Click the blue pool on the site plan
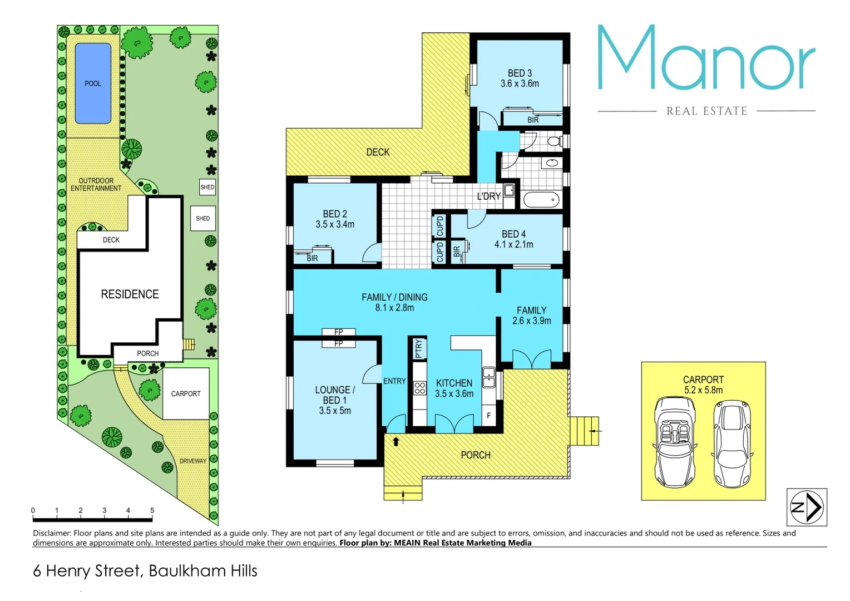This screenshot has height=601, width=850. coord(93,83)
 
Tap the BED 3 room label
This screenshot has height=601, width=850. coord(520,73)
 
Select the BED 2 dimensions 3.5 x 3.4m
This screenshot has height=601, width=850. coord(335,224)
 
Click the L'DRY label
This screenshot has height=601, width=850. coord(488,196)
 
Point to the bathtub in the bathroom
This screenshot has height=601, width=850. coord(541,199)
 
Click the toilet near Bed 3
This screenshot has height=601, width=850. coord(554,141)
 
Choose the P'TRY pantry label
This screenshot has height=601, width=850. coord(418,348)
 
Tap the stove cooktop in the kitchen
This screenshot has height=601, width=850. coord(419,387)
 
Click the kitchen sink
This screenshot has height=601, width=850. coord(488,377)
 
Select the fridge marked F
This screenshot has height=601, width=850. coord(489,416)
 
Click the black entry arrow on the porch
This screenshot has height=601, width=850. coord(396,442)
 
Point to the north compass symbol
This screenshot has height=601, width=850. coord(807,507)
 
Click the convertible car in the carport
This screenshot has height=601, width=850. coord(675,441)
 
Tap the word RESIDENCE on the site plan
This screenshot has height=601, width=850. coord(130,294)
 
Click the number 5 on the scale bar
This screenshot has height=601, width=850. coord(152,510)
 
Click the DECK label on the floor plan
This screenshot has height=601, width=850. coord(378,152)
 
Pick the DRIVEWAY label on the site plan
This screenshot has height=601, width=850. coord(192,461)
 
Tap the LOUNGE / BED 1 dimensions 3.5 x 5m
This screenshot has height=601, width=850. coord(335,411)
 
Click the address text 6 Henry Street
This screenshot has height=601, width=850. coord(87,571)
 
